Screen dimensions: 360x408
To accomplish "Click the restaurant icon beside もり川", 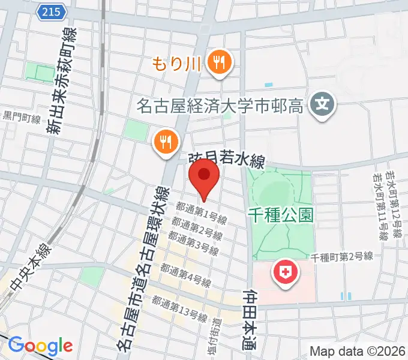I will coord(217,62).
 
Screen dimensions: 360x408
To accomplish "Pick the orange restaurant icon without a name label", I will coord(164,142).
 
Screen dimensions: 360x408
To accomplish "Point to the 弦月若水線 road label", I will coord(227,160).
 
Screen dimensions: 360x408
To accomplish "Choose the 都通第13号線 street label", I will coord(179,309).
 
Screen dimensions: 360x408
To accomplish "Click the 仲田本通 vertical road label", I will coord(249,324).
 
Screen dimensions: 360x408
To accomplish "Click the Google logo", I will coord(40,346).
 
